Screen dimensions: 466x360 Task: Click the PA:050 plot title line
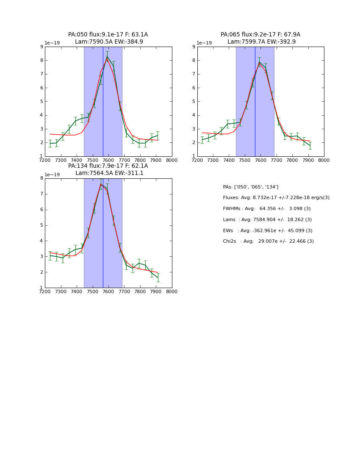coord(108,35)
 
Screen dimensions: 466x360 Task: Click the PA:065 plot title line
coord(260,35)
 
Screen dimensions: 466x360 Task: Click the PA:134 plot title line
coord(108,166)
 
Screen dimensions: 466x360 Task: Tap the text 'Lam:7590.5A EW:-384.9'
coord(109,42)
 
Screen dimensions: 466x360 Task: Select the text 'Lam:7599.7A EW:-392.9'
coord(261,42)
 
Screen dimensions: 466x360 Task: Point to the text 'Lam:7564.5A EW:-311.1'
coord(109,173)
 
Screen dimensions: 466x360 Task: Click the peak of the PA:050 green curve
coord(107,56)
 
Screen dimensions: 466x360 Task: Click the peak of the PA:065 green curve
coord(259,62)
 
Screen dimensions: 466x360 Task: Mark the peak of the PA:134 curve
coord(101,184)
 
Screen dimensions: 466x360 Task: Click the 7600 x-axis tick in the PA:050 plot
coord(108,160)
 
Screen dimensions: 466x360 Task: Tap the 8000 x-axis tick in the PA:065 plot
coord(324,160)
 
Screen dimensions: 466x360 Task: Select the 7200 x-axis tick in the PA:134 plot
coord(45,291)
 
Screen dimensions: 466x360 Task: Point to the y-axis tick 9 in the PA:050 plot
coord(42,47)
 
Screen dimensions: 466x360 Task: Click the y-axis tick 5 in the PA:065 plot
coord(194,102)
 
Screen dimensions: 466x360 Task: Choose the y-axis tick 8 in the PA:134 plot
coord(42,178)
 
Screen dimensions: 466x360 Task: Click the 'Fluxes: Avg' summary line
coord(276,198)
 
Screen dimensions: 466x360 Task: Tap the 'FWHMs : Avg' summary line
coord(266,209)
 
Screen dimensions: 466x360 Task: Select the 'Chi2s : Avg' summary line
coord(268,241)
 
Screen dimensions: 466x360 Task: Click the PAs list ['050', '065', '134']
coord(251,187)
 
